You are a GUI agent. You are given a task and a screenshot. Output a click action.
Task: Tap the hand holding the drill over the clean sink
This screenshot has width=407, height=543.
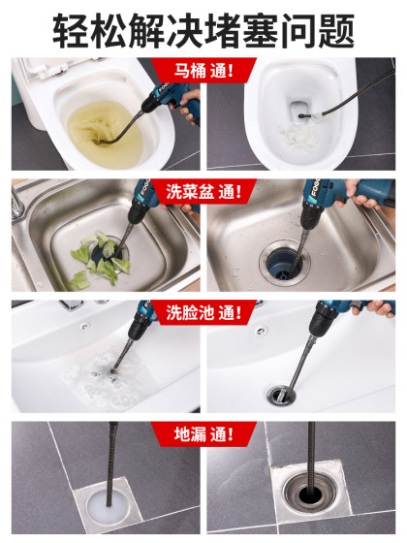(368, 199)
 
